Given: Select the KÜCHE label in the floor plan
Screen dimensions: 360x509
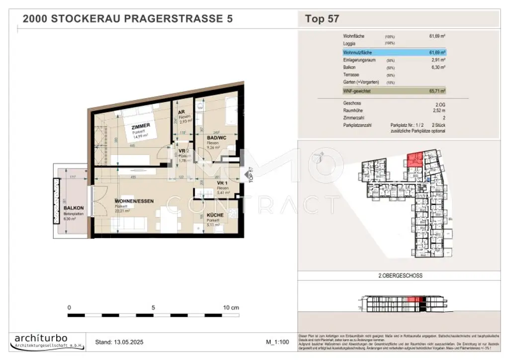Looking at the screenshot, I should (x=215, y=215).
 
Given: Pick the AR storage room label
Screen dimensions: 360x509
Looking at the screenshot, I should (x=182, y=113).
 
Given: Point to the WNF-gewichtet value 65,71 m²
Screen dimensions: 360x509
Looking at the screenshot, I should (x=437, y=91).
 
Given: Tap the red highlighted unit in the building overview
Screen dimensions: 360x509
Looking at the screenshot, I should (x=415, y=160).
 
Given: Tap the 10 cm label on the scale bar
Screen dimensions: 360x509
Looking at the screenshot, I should (x=231, y=308).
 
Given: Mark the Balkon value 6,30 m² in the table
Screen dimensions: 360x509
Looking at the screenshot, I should (x=437, y=67).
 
